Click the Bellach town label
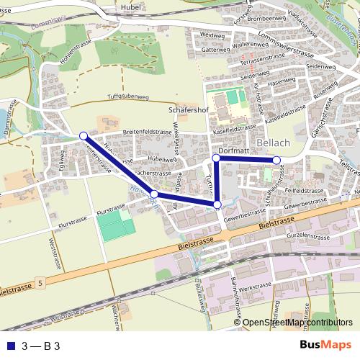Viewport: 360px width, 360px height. [273, 143]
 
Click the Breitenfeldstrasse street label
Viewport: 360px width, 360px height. [149, 132]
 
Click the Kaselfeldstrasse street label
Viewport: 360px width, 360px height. [235, 126]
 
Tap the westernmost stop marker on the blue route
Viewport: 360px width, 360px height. [84, 135]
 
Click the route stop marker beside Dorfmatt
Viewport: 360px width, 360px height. [216, 158]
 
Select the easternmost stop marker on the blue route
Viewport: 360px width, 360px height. [276, 159]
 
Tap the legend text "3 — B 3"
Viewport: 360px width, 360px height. [41, 346]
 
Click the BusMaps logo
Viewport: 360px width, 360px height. [325, 345]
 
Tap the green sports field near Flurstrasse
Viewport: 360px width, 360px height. [117, 228]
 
